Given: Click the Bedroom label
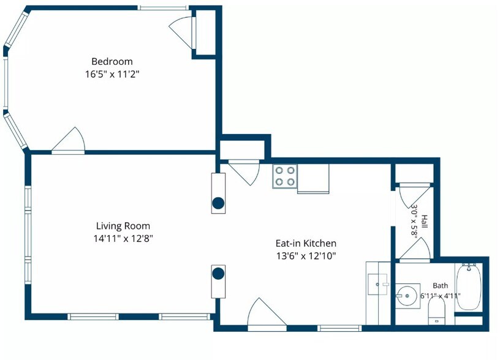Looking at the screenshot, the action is [112, 61].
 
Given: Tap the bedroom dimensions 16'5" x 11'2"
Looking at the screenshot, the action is [112, 74].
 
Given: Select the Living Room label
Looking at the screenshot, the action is [123, 226].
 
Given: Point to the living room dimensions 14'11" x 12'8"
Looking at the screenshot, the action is [123, 238].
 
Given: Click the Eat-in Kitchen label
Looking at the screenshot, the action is [306, 243].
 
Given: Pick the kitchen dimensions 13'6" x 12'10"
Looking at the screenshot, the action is [306, 255].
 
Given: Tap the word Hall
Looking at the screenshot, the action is [425, 222].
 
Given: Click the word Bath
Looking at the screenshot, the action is [440, 285].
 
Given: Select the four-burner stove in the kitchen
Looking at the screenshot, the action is [285, 176].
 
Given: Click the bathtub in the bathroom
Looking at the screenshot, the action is [468, 287].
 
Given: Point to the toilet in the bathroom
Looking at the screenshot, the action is [436, 310].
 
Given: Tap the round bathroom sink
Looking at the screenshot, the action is [407, 296].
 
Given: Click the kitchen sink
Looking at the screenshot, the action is [378, 284].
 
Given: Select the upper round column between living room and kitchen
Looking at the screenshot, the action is [218, 203].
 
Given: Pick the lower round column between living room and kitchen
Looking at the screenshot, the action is [218, 274].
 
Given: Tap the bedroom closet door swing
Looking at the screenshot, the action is [181, 32].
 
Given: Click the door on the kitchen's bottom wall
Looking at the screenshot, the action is [267, 314].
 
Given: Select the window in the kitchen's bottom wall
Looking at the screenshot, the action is [340, 328].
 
